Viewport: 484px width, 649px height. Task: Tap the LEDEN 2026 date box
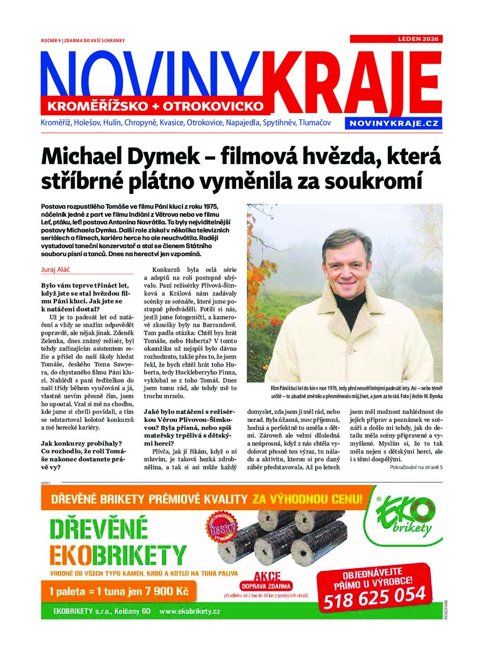(396, 39)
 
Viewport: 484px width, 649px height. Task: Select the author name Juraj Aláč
(56, 269)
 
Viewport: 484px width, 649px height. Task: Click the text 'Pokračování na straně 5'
(416, 467)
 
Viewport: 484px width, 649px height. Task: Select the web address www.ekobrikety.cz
(190, 611)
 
